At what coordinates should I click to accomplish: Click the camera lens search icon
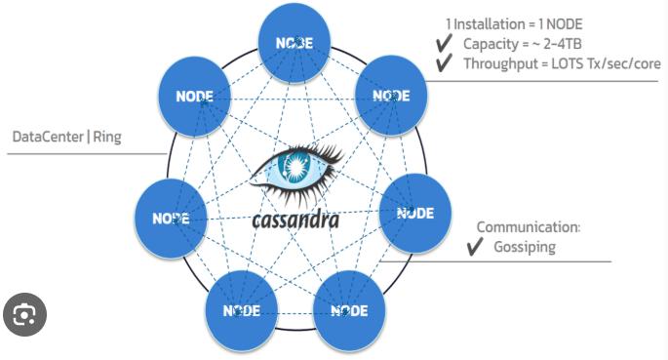(x=24, y=314)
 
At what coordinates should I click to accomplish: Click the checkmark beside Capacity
(x=442, y=45)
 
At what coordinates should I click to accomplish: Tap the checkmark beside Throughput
(x=442, y=64)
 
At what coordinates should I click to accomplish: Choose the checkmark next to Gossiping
(x=475, y=247)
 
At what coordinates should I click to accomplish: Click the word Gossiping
(x=524, y=247)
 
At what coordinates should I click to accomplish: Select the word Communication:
(x=528, y=227)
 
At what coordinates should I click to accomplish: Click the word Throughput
(x=499, y=64)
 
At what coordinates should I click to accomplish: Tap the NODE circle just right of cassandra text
(x=414, y=213)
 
